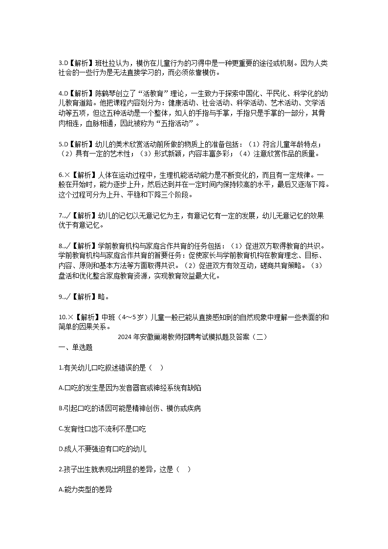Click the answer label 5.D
[63, 144]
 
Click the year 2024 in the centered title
[126, 337]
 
